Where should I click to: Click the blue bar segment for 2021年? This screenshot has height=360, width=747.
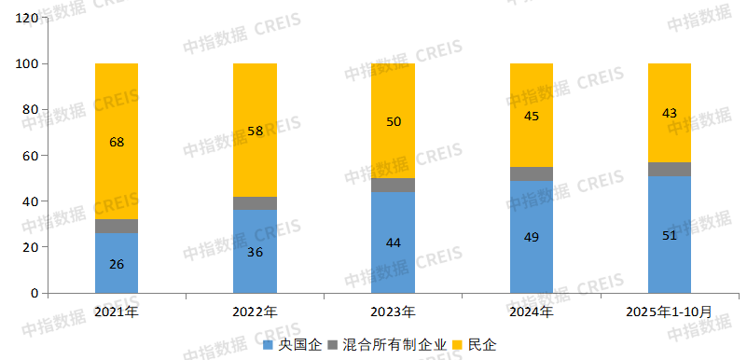tap(117, 263)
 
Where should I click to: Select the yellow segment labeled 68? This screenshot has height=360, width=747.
tap(117, 142)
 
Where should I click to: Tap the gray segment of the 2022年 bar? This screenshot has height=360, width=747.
tap(255, 203)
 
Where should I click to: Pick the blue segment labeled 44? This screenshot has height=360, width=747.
tap(393, 242)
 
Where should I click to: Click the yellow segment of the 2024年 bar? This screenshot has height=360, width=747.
tap(532, 116)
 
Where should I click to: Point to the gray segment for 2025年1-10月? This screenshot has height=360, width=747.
tap(670, 169)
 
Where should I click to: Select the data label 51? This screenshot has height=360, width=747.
tap(670, 235)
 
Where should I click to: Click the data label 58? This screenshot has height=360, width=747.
tap(255, 131)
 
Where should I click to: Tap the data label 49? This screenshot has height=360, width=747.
tap(532, 237)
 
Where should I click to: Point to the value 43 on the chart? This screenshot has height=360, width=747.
tap(670, 113)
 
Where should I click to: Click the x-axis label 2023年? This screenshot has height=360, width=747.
tap(393, 311)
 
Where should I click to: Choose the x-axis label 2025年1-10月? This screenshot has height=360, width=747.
tap(670, 311)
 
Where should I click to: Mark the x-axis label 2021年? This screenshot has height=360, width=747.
tap(117, 311)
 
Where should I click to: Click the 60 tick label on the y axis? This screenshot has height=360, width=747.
tap(31, 156)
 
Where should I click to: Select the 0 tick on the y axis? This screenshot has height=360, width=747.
tap(35, 293)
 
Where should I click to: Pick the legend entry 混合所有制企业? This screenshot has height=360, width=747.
tap(395, 345)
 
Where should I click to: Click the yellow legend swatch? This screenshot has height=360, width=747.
tap(458, 345)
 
